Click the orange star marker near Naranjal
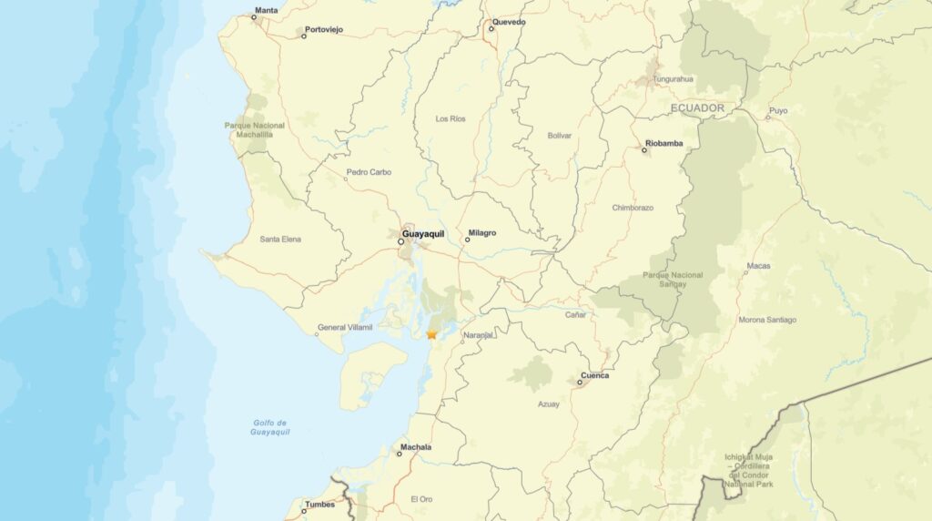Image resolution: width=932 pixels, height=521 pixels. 431,334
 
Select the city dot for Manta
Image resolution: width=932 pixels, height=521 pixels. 254,17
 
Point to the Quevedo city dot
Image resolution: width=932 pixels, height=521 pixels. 491,28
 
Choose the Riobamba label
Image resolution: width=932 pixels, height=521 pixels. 664,143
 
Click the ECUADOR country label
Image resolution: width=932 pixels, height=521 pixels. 697,108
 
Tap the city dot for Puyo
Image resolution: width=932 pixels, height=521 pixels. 767,117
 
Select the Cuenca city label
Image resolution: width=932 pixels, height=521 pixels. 595,375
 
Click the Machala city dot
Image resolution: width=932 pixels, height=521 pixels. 400,453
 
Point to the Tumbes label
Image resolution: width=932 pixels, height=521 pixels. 319,504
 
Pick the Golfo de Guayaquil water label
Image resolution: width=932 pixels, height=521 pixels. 270,427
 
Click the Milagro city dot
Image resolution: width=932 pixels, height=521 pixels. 468,240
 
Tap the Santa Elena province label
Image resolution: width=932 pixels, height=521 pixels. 280,240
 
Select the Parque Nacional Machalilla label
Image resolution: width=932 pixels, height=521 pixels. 255,129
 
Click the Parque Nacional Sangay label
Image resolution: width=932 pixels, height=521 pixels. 673,280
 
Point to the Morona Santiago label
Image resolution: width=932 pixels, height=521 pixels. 767,320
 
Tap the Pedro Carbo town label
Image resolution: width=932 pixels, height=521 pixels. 369,172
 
